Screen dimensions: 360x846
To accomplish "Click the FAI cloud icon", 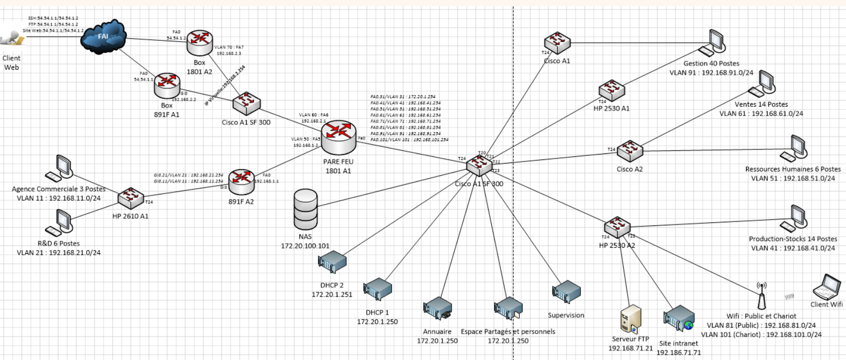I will point(104,36).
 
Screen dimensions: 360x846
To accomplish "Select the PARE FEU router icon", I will point(338,137).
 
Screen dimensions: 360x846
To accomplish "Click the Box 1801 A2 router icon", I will point(199,43).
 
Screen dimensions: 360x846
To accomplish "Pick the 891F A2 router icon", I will point(242,182).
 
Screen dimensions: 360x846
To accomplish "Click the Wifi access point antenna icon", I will point(761,296).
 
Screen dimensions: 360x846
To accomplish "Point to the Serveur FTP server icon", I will point(631,319).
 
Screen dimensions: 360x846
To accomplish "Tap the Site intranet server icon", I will point(679,318).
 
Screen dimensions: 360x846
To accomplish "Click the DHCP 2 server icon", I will point(332,262).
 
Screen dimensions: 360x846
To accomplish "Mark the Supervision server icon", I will point(566,292).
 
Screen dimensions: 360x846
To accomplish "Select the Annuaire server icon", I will point(437,309).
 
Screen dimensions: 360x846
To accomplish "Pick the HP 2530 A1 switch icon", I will point(612,90).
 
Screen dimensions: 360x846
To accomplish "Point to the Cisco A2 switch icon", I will point(630,151).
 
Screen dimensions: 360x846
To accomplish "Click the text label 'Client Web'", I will point(11,63).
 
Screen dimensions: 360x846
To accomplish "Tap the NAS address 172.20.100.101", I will point(305,246).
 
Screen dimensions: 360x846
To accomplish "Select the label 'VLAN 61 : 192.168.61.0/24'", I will point(761,114).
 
